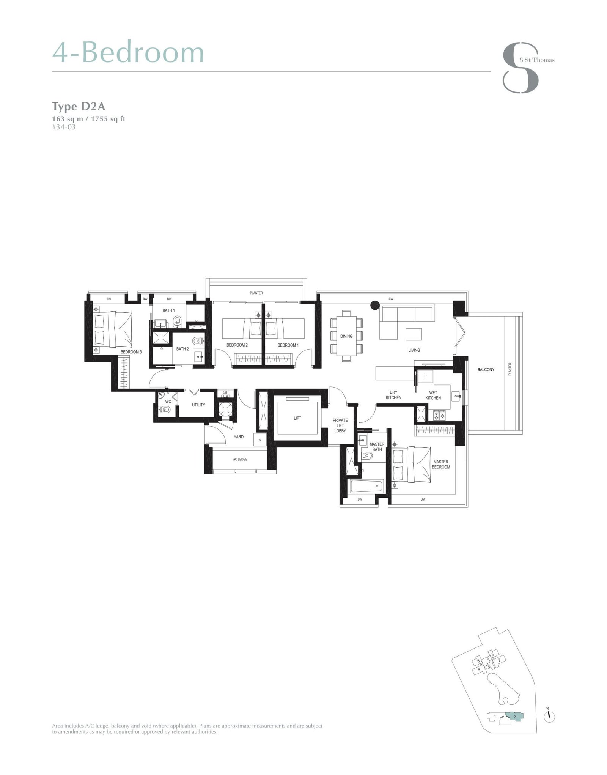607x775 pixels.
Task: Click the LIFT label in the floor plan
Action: (x=297, y=418)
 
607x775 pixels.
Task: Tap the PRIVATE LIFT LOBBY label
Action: (x=340, y=425)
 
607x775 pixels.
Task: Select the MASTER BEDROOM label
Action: (x=440, y=464)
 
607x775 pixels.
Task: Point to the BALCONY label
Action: (x=486, y=370)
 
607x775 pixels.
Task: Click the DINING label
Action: (x=346, y=336)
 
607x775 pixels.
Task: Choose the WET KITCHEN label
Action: (x=433, y=395)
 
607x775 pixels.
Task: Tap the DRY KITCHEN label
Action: (x=393, y=395)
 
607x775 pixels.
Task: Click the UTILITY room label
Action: (x=198, y=405)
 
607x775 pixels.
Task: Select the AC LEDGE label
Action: (x=240, y=459)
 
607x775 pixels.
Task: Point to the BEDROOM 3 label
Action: (x=131, y=352)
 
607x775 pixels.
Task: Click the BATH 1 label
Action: (x=168, y=310)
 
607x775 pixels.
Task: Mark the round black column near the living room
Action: (x=375, y=304)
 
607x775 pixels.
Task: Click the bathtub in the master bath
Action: (x=366, y=486)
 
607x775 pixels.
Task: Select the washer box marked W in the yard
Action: (x=260, y=440)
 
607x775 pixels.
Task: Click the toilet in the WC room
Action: (x=166, y=410)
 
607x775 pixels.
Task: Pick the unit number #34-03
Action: (x=64, y=127)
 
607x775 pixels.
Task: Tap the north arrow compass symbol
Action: (x=549, y=717)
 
